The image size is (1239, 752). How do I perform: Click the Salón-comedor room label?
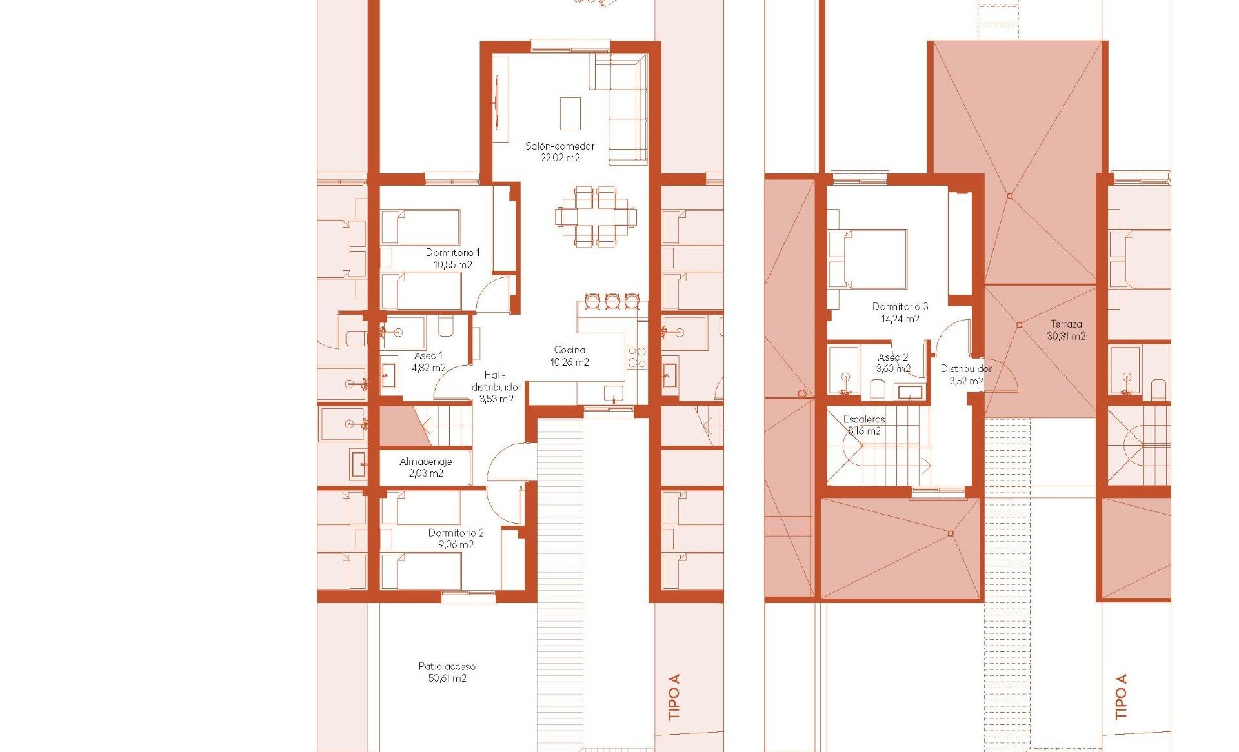point(559,146)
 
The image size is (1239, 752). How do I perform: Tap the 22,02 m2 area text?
point(559,158)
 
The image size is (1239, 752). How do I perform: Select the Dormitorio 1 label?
point(452,253)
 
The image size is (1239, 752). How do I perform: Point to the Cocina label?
point(569,350)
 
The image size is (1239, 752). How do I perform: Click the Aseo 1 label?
point(428,356)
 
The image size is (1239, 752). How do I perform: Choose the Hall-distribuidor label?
point(496,381)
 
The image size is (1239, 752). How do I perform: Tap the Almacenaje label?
point(425,462)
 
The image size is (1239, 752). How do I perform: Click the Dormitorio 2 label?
point(456,533)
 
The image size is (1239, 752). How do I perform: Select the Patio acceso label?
point(447,666)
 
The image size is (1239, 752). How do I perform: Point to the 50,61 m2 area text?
point(447,678)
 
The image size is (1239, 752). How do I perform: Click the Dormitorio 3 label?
point(900,307)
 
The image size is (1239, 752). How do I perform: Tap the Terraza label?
point(1066,324)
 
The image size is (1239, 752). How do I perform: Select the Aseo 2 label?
point(893,357)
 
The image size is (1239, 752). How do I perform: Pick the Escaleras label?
point(864,419)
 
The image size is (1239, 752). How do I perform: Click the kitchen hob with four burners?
point(637,357)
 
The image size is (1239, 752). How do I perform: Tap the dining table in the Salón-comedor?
point(596,216)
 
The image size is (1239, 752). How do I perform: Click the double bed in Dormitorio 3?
point(867,259)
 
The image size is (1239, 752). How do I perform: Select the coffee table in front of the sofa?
point(570,114)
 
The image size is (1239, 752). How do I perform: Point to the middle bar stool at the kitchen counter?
point(612,301)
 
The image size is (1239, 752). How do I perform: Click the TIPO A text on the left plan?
point(674,697)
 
